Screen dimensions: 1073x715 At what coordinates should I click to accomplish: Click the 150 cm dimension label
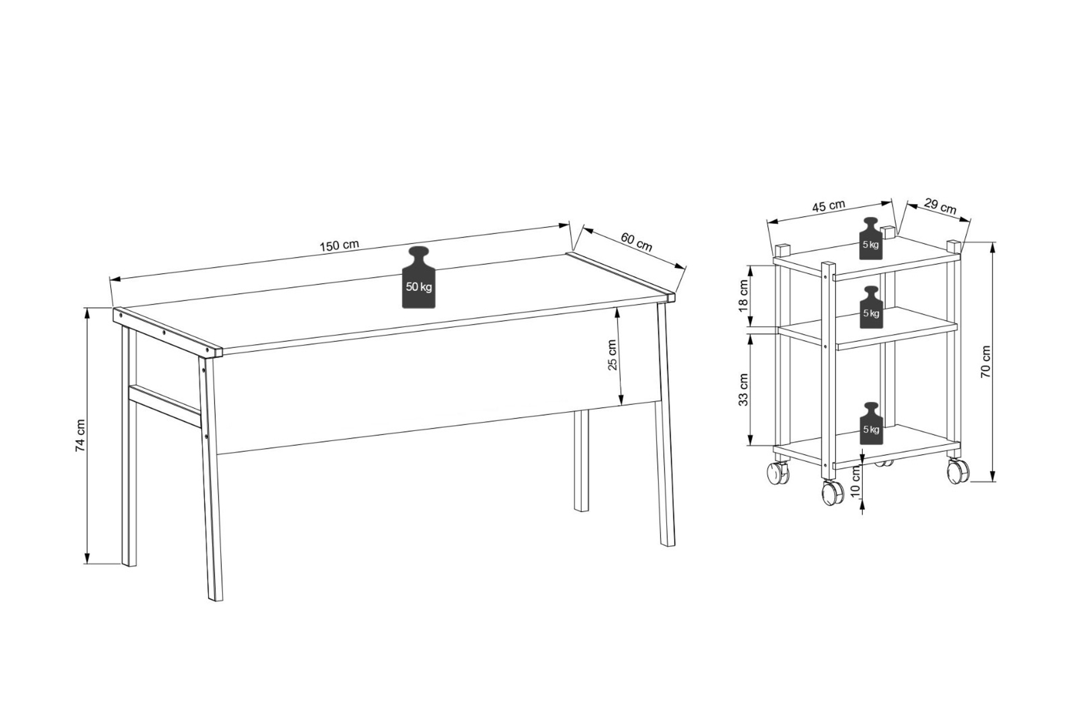tap(339, 245)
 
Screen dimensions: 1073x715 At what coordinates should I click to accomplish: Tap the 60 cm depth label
tap(637, 241)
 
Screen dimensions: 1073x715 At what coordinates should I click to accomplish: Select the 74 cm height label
tap(80, 435)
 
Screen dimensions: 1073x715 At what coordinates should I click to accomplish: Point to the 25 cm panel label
tap(613, 355)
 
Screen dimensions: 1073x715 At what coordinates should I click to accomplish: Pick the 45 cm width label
tap(829, 206)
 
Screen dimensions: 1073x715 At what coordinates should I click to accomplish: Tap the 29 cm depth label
tap(940, 205)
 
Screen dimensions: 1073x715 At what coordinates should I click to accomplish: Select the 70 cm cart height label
tap(986, 362)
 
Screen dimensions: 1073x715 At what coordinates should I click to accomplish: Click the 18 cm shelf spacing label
tap(743, 297)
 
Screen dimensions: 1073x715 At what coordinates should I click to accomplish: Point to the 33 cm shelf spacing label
tap(743, 390)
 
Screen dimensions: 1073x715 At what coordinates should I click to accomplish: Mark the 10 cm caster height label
tap(854, 483)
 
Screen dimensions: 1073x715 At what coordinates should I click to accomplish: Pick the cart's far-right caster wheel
tap(958, 471)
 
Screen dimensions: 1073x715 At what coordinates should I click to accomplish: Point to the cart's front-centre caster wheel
tap(832, 493)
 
